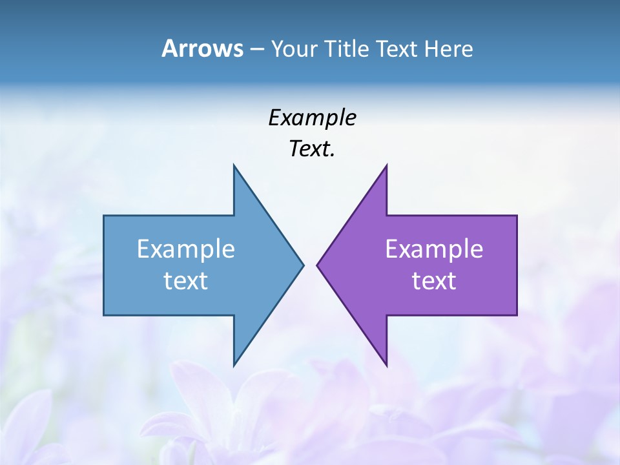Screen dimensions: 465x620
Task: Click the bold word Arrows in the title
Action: [x=201, y=48]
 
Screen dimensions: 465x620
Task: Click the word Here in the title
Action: [x=449, y=48]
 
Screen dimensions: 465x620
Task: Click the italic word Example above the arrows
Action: [x=312, y=118]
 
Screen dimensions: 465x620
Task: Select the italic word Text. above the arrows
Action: [x=312, y=149]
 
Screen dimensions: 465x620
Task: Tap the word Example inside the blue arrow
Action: [x=186, y=249]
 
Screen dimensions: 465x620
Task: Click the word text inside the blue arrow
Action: [x=186, y=280]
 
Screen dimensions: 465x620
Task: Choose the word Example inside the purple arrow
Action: [x=434, y=249]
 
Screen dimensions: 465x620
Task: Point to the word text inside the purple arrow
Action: [x=434, y=280]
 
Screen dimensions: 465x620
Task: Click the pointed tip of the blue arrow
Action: [x=303, y=265]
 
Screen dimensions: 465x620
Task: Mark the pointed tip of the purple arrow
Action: [x=317, y=265]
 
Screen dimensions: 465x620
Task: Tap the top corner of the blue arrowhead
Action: [x=234, y=165]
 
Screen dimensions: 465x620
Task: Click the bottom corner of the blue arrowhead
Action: [x=234, y=366]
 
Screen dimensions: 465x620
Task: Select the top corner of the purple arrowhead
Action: [x=386, y=165]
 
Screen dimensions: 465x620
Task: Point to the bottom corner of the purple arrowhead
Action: [x=386, y=366]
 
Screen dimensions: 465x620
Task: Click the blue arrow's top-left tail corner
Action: [x=104, y=216]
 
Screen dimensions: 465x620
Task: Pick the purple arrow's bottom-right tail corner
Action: [x=517, y=315]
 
